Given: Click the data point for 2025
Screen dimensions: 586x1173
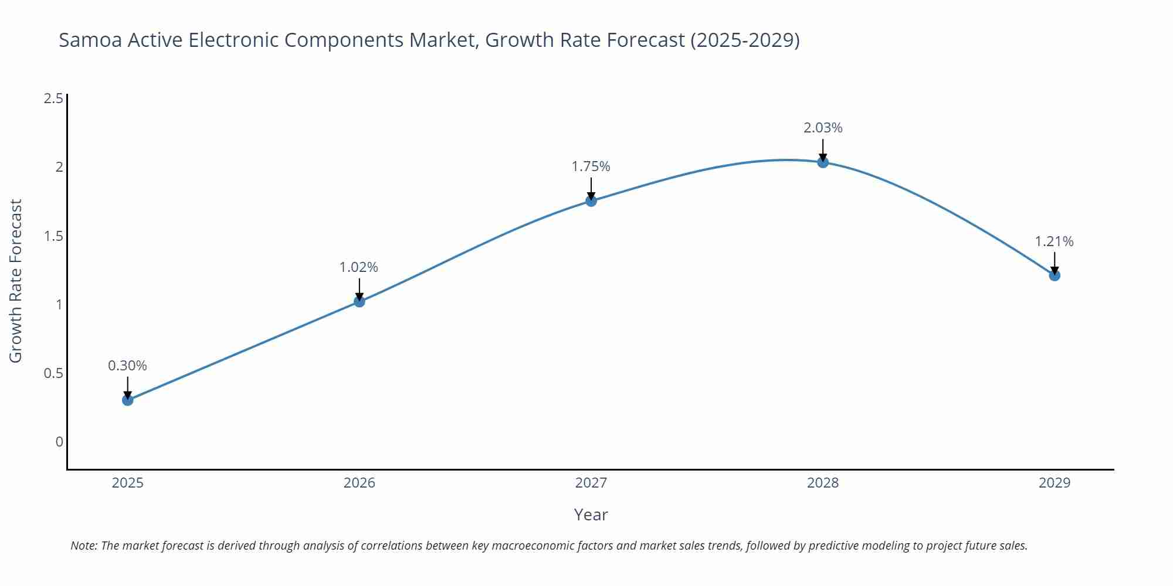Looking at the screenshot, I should click(128, 400).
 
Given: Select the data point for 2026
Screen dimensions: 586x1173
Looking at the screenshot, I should click(360, 301).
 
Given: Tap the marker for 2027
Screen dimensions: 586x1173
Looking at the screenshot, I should click(591, 201).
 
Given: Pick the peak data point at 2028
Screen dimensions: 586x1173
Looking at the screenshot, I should click(823, 162).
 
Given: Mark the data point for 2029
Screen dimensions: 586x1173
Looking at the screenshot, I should click(1055, 275).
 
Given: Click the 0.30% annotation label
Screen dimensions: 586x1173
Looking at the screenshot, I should click(127, 366).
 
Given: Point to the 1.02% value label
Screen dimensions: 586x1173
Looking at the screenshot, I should click(359, 267).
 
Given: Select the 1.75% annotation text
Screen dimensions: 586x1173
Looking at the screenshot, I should click(591, 166).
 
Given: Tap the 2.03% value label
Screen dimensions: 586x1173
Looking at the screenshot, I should click(823, 128).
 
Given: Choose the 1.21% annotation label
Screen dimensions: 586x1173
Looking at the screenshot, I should click(1054, 241).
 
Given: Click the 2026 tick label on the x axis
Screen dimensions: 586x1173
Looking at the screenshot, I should click(360, 483).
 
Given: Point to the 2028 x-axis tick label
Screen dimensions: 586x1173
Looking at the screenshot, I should click(823, 483).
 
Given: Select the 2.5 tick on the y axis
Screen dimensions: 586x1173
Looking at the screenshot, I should click(54, 98).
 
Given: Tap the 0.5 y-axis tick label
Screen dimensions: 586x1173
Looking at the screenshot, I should click(54, 373).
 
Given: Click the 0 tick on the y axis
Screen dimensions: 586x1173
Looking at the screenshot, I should click(59, 442).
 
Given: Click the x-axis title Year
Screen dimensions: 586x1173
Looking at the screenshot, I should click(591, 515).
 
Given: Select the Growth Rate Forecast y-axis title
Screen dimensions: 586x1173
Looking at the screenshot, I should click(16, 281).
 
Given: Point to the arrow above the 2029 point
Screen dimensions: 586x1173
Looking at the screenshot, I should click(1055, 263).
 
